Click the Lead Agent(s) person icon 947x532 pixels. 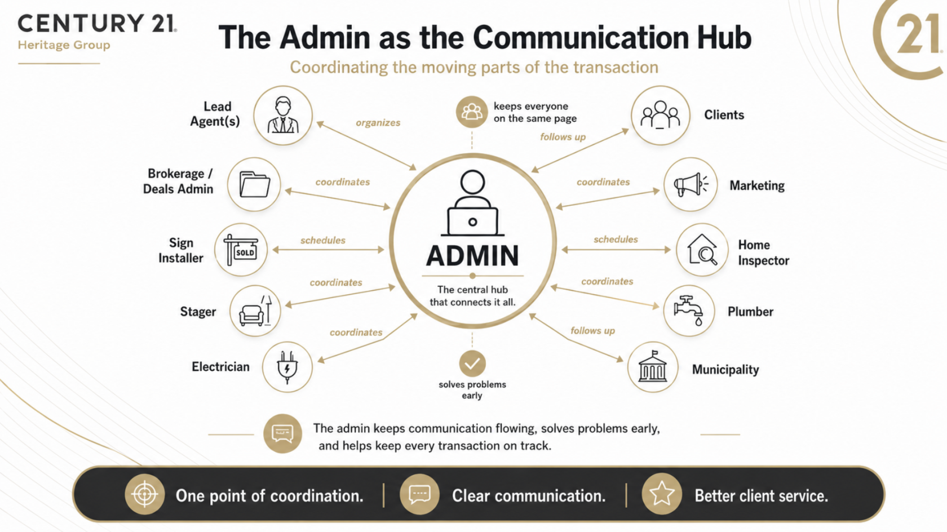point(283,115)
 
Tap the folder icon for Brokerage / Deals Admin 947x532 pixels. point(255,184)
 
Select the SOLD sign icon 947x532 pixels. point(241,250)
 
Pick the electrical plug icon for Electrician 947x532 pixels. point(287,367)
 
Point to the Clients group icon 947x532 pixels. point(660,115)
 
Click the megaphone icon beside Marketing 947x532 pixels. point(691,185)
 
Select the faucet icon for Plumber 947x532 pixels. point(689,311)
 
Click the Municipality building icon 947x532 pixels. point(653,366)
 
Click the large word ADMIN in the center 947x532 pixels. point(472,256)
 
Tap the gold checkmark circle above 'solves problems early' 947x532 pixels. point(472,363)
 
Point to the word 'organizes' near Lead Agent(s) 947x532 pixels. point(378,122)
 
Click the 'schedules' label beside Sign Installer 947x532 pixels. point(323,240)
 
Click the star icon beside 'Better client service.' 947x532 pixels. point(662,494)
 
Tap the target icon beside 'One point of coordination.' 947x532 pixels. point(144,494)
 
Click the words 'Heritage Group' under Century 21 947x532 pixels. point(64,45)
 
